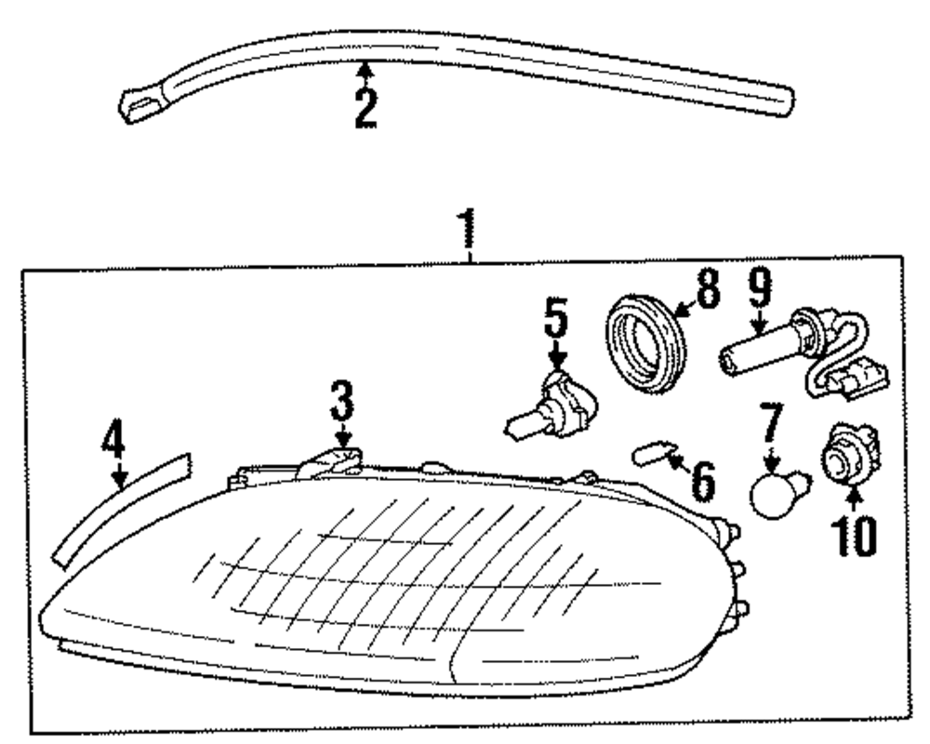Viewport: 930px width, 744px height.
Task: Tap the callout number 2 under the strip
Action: [365, 108]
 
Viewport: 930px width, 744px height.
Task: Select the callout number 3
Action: [342, 404]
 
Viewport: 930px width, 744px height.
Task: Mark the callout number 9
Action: [760, 290]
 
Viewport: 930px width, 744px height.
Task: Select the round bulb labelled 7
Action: [774, 490]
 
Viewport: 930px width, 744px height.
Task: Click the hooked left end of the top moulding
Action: [139, 106]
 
